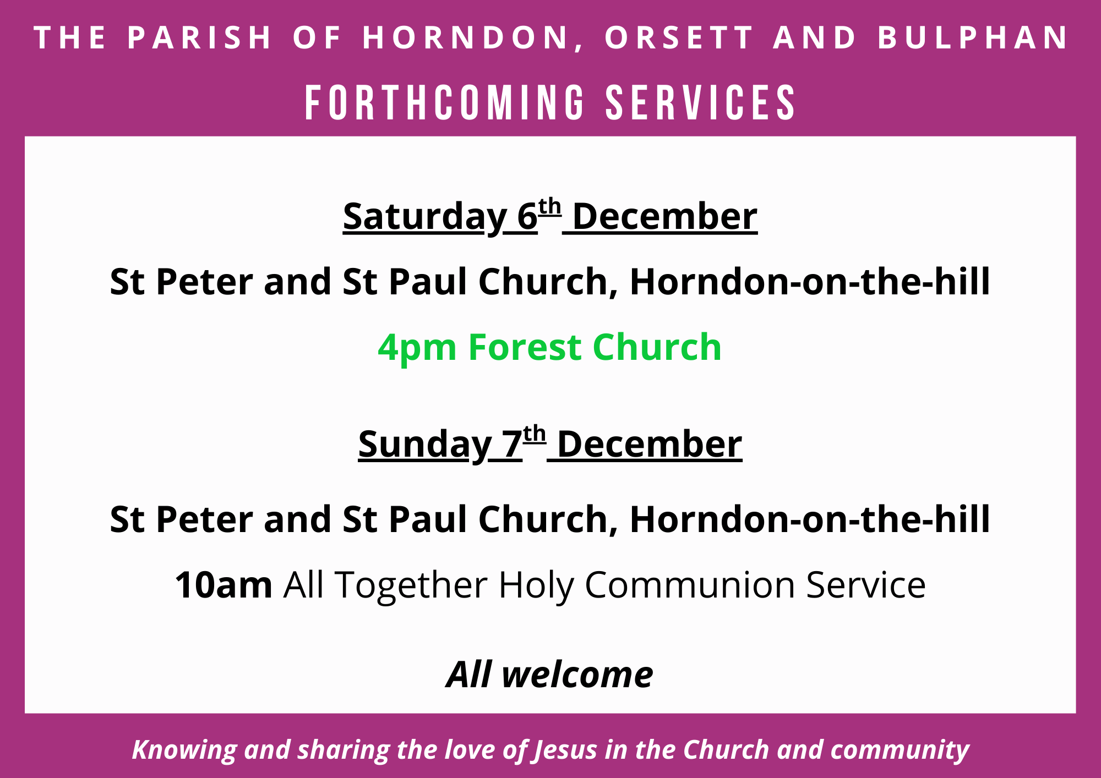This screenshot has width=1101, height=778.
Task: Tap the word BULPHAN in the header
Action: [973, 37]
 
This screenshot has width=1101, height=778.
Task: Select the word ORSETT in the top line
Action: [679, 37]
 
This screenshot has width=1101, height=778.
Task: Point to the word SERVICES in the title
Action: [701, 102]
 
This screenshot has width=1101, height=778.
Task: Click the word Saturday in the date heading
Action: [424, 217]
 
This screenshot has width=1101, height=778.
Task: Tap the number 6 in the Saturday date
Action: [527, 216]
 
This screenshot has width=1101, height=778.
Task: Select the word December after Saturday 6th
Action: [665, 216]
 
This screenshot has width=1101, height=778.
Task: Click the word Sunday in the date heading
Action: [424, 445]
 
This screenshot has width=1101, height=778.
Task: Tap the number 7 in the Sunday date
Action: [512, 444]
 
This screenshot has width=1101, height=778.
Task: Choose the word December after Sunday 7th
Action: [650, 444]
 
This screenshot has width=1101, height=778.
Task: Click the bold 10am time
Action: [224, 584]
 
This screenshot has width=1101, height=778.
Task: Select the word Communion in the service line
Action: [690, 584]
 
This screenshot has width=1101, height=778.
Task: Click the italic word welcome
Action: [577, 675]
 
